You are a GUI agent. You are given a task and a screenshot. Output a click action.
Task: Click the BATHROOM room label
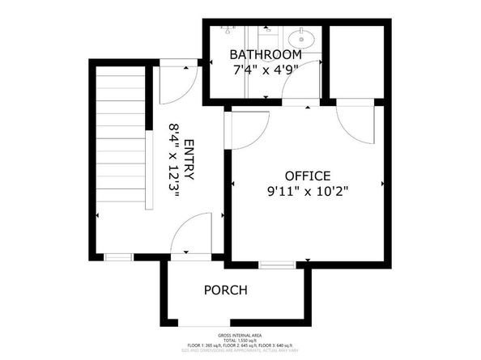266,54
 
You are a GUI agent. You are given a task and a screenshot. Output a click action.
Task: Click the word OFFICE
307,176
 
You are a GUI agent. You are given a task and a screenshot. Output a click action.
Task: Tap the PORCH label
225,290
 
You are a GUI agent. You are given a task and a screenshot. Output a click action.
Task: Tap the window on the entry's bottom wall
118,256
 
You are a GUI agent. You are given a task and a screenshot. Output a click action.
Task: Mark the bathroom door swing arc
296,95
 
